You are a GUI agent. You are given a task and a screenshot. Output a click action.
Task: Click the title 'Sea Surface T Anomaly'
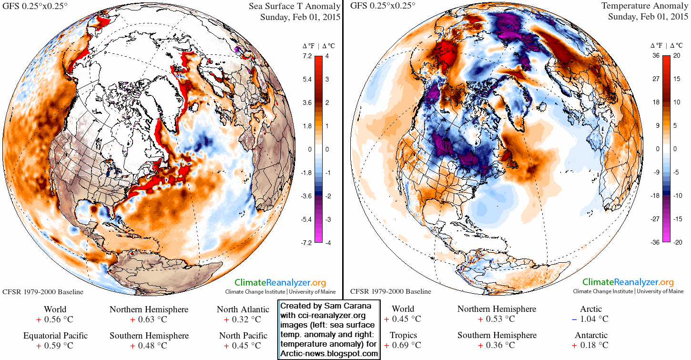point(294,6)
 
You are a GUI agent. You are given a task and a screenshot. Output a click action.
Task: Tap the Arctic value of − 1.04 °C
point(590,319)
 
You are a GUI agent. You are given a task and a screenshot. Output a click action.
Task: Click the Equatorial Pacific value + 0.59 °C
point(55,345)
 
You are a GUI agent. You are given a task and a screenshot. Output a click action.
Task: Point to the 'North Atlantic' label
point(243,309)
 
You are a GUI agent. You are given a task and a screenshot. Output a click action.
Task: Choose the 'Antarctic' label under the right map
point(591,335)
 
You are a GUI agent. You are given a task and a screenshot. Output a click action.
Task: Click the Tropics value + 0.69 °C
point(403,345)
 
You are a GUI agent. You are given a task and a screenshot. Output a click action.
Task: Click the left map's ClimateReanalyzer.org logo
point(280,282)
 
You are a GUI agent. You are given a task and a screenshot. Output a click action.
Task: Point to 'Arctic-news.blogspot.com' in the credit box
point(329,354)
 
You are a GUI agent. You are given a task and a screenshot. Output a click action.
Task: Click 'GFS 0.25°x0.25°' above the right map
point(383,6)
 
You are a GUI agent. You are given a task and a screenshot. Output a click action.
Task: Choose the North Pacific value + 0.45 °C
point(243,345)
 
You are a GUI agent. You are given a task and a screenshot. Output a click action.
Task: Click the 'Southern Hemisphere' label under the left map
point(149,335)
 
